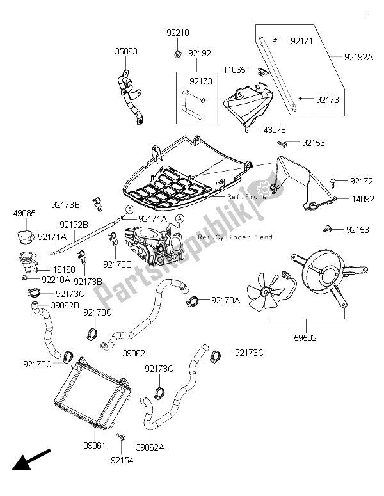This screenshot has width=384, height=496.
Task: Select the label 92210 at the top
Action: [178, 33]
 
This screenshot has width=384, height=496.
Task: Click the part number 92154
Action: [122, 460]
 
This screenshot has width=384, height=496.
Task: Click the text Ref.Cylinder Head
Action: [235, 237]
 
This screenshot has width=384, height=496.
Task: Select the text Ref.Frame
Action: [247, 198]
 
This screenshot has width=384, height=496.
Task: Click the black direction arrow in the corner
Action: [26, 464]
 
